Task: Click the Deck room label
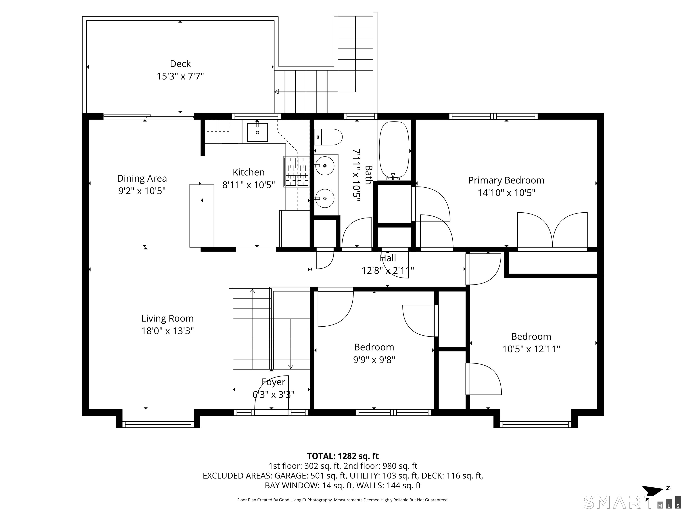coord(180,64)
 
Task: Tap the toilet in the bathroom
coord(328,137)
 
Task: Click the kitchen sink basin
coord(257,132)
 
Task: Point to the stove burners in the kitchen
coord(297,172)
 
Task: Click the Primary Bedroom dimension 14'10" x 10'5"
coord(506,193)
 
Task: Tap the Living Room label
coord(167,319)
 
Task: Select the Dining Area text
coord(142,178)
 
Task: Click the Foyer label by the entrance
coord(273,382)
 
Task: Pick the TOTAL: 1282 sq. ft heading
coord(343,456)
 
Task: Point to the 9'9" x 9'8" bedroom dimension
coord(374,360)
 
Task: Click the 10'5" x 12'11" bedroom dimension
coord(531,349)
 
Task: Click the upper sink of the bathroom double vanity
coord(324,166)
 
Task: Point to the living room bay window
coord(158,425)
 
